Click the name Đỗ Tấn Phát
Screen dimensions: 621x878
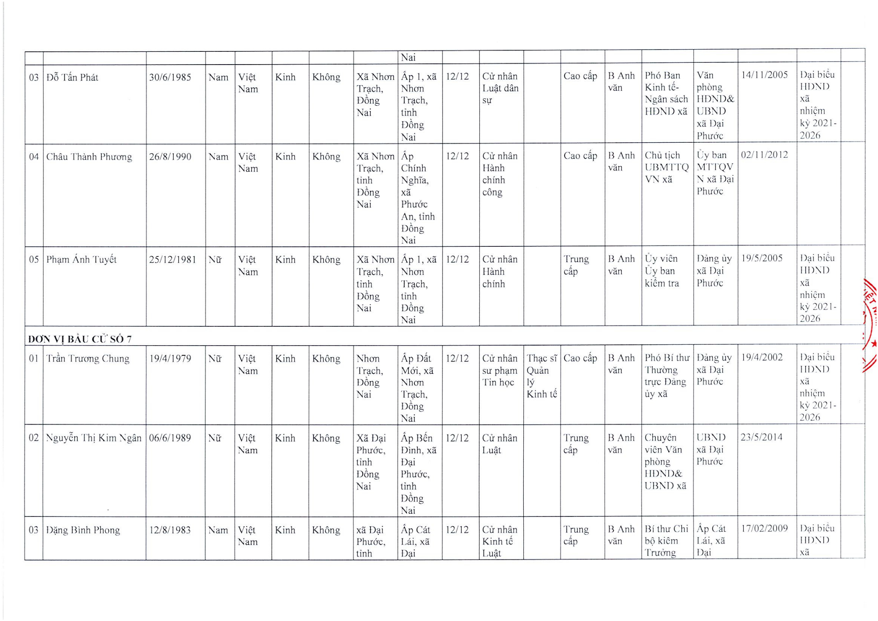pyautogui.click(x=72, y=78)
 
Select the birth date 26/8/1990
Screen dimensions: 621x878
pyautogui.click(x=170, y=157)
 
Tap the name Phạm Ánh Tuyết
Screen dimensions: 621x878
pyautogui.click(x=81, y=260)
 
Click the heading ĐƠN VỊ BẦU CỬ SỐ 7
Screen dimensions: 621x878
pyautogui.click(x=80, y=339)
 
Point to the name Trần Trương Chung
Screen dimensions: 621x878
pyautogui.click(x=88, y=359)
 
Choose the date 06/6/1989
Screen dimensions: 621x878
pyautogui.click(x=170, y=438)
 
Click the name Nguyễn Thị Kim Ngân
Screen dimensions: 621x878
pyautogui.click(x=94, y=438)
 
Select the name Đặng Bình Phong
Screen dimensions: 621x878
pyautogui.click(x=83, y=530)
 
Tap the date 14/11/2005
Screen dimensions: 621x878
pyautogui.click(x=764, y=75)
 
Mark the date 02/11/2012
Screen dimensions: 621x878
pyautogui.click(x=764, y=155)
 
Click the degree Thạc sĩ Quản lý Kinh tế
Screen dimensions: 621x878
pyautogui.click(x=542, y=376)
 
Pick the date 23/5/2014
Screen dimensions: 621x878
pyautogui.click(x=762, y=437)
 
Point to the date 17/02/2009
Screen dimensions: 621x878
pyautogui.click(x=764, y=528)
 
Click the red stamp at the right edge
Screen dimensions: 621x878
pyautogui.click(x=870, y=325)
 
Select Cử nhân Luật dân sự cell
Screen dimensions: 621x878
pyautogui.click(x=500, y=88)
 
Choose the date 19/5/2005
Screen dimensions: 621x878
pyautogui.click(x=762, y=258)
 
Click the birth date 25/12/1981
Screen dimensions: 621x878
pyautogui.click(x=173, y=260)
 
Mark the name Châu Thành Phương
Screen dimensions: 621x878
pyautogui.click(x=89, y=157)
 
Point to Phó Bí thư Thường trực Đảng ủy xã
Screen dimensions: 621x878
pyautogui.click(x=666, y=375)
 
